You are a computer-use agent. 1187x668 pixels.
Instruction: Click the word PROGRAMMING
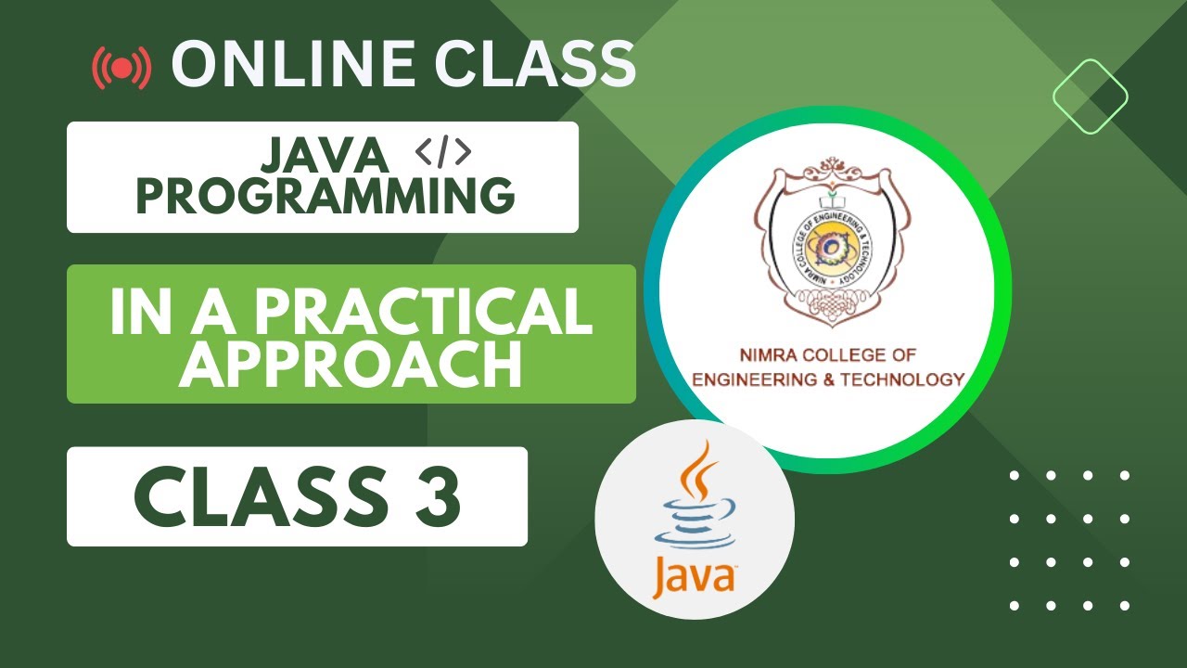pos(325,196)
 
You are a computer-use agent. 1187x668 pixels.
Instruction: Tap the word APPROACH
pos(351,366)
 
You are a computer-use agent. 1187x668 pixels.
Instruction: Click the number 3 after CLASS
pos(439,495)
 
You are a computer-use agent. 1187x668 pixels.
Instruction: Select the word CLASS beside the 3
pos(259,495)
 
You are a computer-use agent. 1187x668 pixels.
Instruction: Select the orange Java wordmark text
pos(693,575)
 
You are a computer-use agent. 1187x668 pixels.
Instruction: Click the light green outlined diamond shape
pos(1090,96)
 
